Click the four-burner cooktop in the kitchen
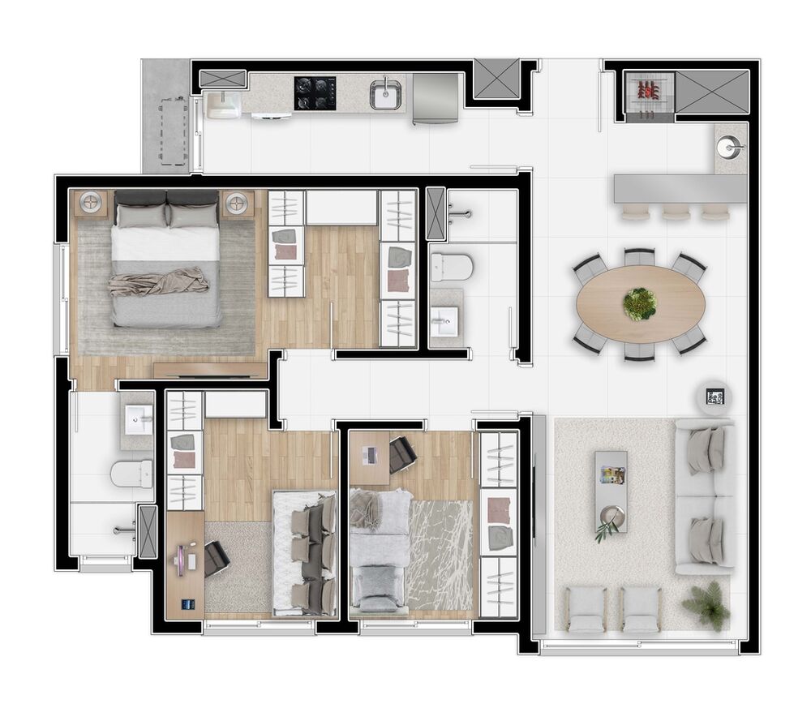point(315,92)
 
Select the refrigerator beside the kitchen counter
point(436,98)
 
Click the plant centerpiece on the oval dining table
point(640,304)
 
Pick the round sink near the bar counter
point(730,148)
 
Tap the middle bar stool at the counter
point(676,212)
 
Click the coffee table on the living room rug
point(611,491)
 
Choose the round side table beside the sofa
point(714,397)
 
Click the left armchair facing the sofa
point(584,609)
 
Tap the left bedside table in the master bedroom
point(91,203)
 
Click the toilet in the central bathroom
point(451,266)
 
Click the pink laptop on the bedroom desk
point(182,559)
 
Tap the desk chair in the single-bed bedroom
point(402,454)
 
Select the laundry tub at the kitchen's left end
point(222,105)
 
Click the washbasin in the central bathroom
point(444,321)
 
